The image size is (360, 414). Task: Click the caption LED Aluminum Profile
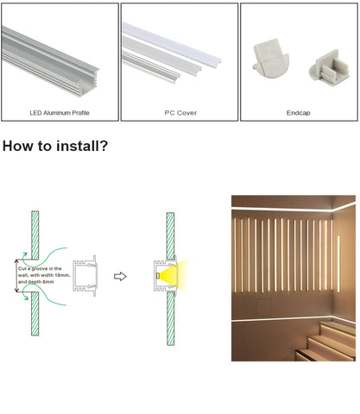coord(60,113)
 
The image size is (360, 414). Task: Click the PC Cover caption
coord(180,113)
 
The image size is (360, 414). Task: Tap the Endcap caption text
coord(299,113)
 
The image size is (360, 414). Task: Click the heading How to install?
coord(55,146)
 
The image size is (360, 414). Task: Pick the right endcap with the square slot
coord(330,67)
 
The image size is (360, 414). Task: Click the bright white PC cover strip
coord(172,43)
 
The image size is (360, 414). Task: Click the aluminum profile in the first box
coord(49,61)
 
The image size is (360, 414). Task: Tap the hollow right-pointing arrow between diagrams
coord(120,276)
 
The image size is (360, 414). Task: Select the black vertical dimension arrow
coord(16,275)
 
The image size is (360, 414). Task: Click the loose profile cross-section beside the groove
coord(85,275)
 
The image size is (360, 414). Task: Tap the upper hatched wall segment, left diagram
coord(35,235)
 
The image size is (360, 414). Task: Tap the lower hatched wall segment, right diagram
coord(171,318)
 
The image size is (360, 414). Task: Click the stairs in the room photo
coord(325,342)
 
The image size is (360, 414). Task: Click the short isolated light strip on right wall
coord(338,264)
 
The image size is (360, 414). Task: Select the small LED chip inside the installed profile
coord(158,275)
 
